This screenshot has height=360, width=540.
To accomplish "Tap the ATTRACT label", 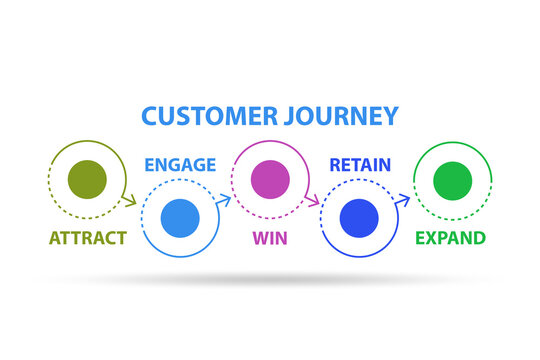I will pos(88,237).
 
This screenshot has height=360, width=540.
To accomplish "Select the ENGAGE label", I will pos(179,164).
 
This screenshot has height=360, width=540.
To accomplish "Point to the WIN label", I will pos(269,237).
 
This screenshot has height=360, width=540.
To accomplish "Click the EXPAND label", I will pos(451,237).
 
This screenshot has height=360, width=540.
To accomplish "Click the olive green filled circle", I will pos(86,181).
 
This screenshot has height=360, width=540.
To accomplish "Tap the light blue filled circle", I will pos(180,217).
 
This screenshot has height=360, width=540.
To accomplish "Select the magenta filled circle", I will pos(269,181).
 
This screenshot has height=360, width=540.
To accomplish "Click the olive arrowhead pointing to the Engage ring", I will pos(131,200).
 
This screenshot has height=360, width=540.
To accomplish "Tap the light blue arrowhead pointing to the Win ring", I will pos(226,199).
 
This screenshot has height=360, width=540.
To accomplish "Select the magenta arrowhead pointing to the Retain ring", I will pos(314,200).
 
